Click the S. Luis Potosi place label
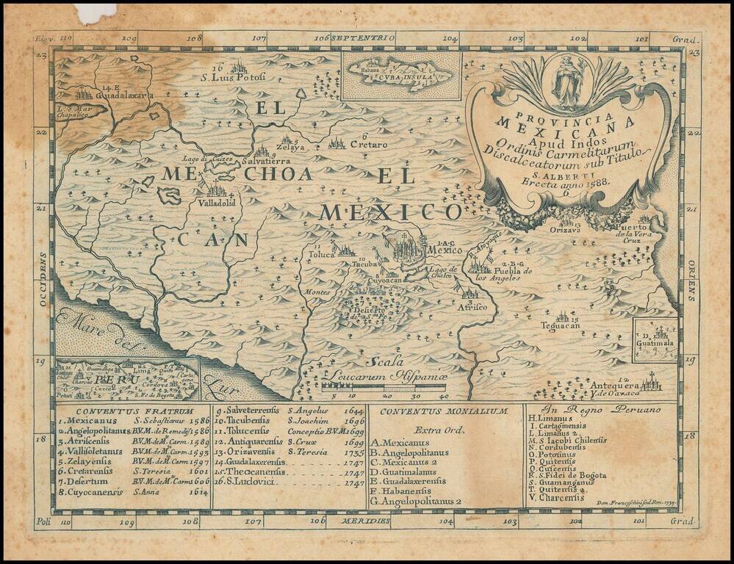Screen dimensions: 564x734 click(234, 77)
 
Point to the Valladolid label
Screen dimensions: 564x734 click(216, 202)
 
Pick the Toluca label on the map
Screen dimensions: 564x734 click(320, 255)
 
